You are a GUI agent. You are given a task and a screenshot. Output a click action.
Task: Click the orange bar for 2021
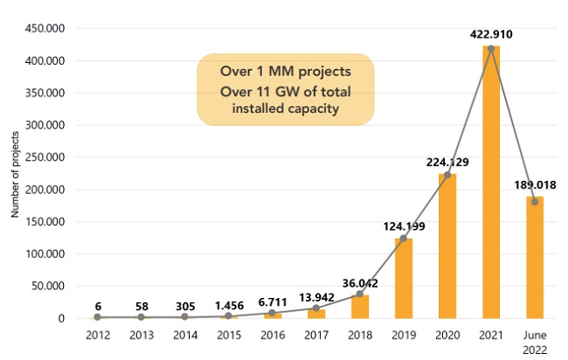pos(491,183)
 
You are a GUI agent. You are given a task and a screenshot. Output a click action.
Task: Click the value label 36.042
pos(359,282)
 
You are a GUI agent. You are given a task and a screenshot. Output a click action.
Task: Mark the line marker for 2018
pos(359,294)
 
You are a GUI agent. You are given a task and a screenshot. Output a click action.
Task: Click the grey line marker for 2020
pos(447,175)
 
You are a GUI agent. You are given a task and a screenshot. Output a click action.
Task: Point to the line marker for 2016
pos(272,313)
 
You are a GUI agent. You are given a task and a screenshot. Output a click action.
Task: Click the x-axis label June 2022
pos(535,342)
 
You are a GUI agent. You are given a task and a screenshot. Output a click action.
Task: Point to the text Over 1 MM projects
pos(285,71)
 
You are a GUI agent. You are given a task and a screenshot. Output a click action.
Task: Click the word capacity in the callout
pos(327,108)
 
